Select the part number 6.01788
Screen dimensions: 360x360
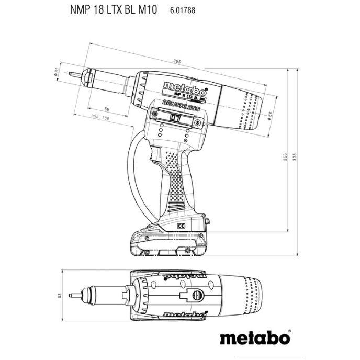pyautogui.click(x=183, y=9)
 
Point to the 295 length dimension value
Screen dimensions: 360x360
pyautogui.click(x=177, y=62)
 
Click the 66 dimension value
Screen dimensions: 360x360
pyautogui.click(x=106, y=109)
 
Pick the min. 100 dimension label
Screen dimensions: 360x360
pyautogui.click(x=100, y=119)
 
